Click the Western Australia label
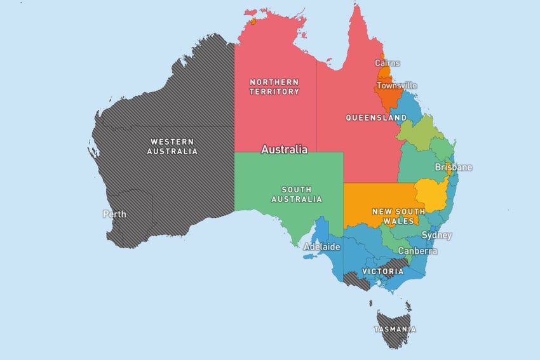(x=172, y=146)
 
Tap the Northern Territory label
(x=274, y=87)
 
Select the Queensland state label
(x=376, y=118)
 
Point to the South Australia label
(x=297, y=194)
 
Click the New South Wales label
(x=393, y=217)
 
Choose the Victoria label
(x=382, y=271)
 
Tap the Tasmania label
(x=395, y=330)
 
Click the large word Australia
(x=284, y=150)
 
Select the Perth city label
(x=114, y=214)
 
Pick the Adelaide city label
(x=321, y=246)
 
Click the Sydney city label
(x=437, y=236)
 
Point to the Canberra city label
(x=417, y=251)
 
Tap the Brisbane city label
(x=453, y=168)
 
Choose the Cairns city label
(x=388, y=63)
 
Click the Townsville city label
(x=396, y=85)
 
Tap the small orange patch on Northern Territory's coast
(x=253, y=22)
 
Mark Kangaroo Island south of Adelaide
(x=309, y=257)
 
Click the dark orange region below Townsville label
(x=388, y=99)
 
